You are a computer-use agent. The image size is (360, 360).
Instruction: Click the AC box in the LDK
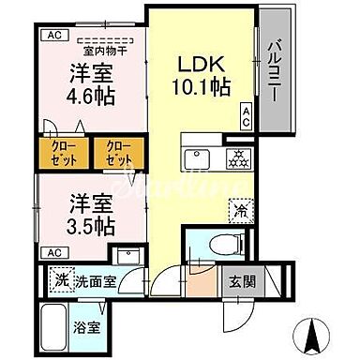[x=245, y=117]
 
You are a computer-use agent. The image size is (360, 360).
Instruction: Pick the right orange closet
[x=118, y=153]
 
